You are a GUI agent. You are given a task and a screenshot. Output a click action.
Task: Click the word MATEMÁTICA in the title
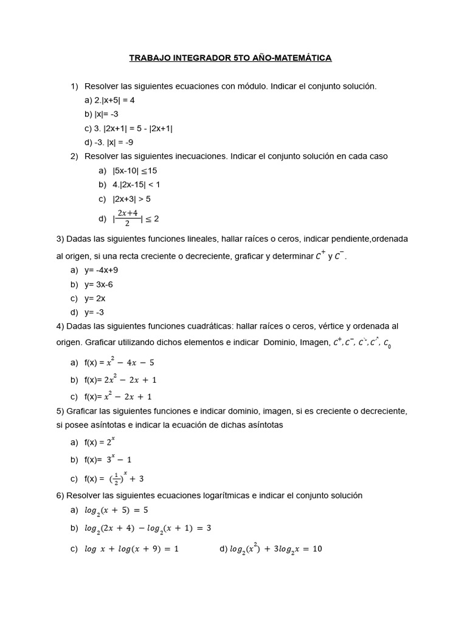tap(302, 58)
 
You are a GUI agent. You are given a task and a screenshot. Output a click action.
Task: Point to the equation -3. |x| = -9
tap(109, 142)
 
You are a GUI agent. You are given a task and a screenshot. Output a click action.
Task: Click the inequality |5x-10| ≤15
tap(134, 171)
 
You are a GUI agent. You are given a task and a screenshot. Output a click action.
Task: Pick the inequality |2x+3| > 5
tap(131, 199)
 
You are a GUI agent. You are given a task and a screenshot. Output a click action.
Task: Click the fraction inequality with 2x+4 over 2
tap(136, 218)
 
